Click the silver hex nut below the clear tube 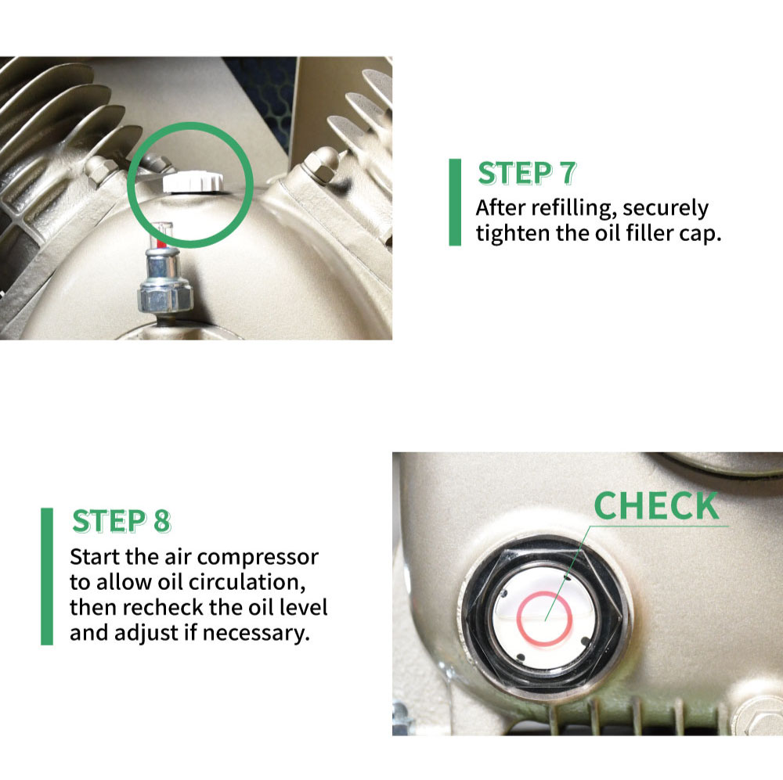coord(162,297)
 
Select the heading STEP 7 coord(526,174)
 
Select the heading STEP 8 coord(121,522)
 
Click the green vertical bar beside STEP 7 coord(455,202)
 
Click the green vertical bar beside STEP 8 coord(47,576)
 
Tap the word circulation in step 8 coord(237,583)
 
